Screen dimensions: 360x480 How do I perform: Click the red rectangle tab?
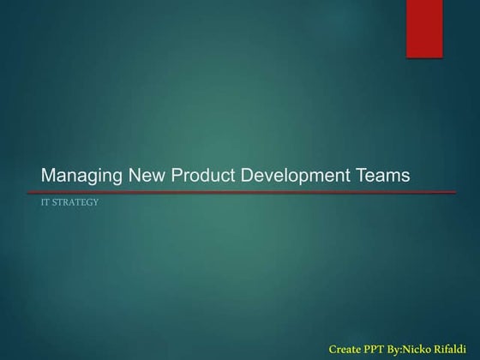click(424, 28)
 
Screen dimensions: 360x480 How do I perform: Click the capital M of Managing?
click(48, 176)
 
